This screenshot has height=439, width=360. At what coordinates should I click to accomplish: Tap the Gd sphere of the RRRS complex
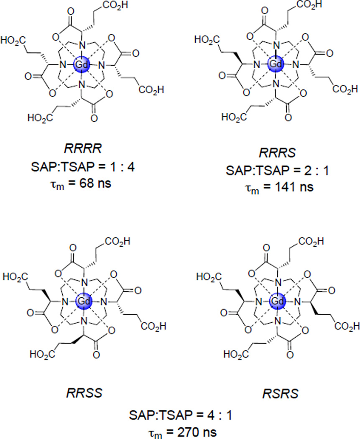276,64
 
